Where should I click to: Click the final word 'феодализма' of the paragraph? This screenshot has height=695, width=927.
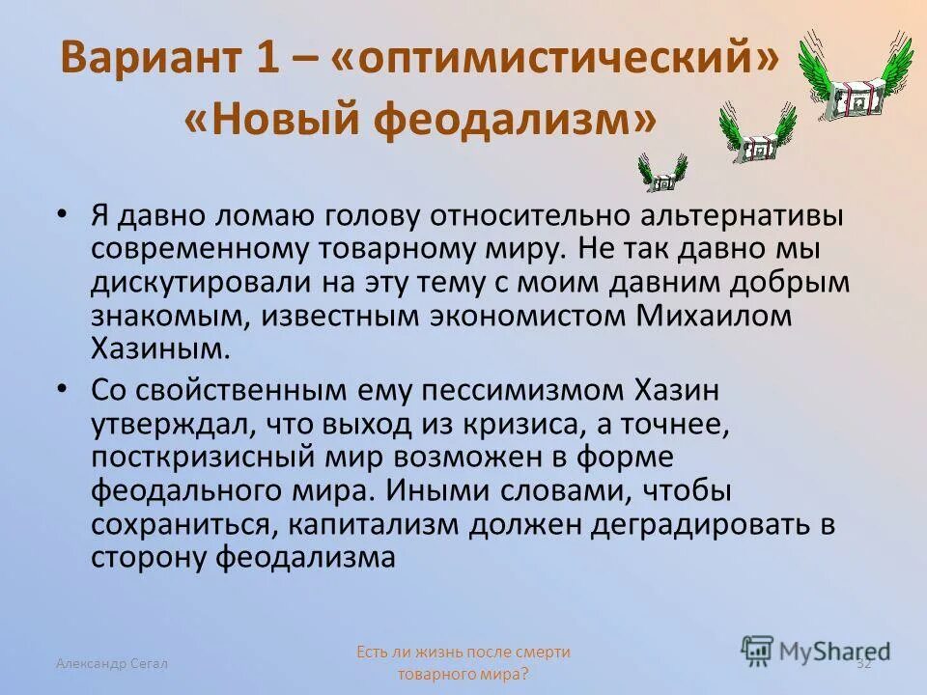(305, 556)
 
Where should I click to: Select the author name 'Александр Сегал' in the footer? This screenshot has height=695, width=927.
(112, 662)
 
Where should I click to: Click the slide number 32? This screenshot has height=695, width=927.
(863, 662)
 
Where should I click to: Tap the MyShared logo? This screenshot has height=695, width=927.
(816, 650)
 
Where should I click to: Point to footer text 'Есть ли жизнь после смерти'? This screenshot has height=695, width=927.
(463, 652)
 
